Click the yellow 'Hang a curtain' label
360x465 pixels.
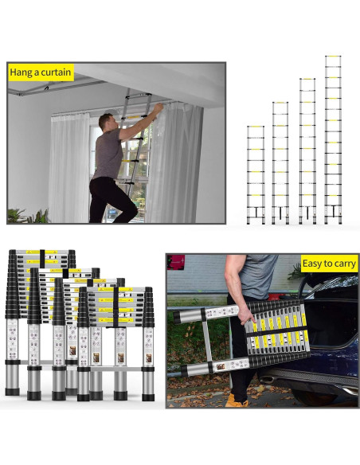coord(41,72)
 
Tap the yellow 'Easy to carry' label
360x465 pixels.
coord(329,264)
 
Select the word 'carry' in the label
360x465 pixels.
coord(346,264)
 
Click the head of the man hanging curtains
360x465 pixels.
coord(107,122)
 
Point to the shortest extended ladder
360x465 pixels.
coord(256,174)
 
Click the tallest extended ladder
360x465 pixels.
coord(333,139)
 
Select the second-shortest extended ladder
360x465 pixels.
coord(280,162)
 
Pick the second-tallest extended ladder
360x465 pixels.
coord(307,151)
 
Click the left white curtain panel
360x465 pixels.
coord(69,167)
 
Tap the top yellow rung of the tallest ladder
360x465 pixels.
coord(333,56)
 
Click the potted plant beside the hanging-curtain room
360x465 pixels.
coord(28,217)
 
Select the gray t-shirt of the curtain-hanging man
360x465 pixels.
coord(109,154)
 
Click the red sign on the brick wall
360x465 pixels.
coord(175,262)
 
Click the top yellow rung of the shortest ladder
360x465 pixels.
coord(256,127)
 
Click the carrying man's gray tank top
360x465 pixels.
coord(258,275)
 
